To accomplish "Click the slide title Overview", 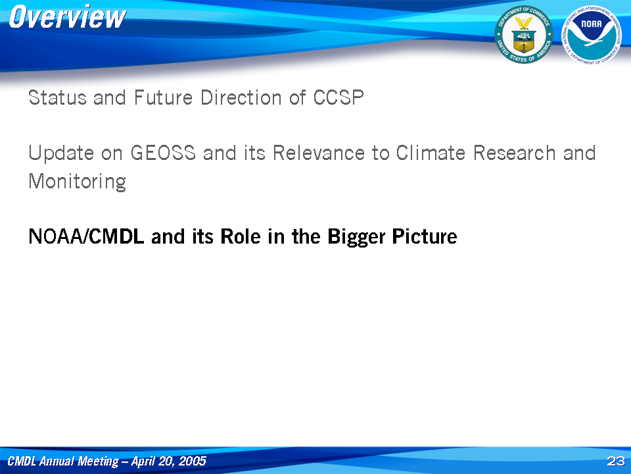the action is point(67,17).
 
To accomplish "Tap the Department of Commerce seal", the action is point(524,35).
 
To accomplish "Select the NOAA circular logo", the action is point(592,35).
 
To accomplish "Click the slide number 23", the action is point(616,461).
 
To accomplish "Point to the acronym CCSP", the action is point(339,97).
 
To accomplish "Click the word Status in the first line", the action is point(58,97).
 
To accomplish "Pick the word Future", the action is point(163,97).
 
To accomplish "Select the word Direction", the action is point(241,97).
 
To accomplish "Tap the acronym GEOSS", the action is point(163,153).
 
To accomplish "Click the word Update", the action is point(61,153).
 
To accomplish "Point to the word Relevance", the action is point(319,153).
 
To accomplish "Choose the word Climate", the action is point(431,153).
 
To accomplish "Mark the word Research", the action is point(514,153).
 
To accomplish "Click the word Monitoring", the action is point(78,182).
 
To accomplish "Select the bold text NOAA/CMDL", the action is point(86,236).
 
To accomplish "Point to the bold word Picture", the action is point(425,236).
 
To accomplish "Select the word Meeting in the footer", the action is point(98,461).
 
